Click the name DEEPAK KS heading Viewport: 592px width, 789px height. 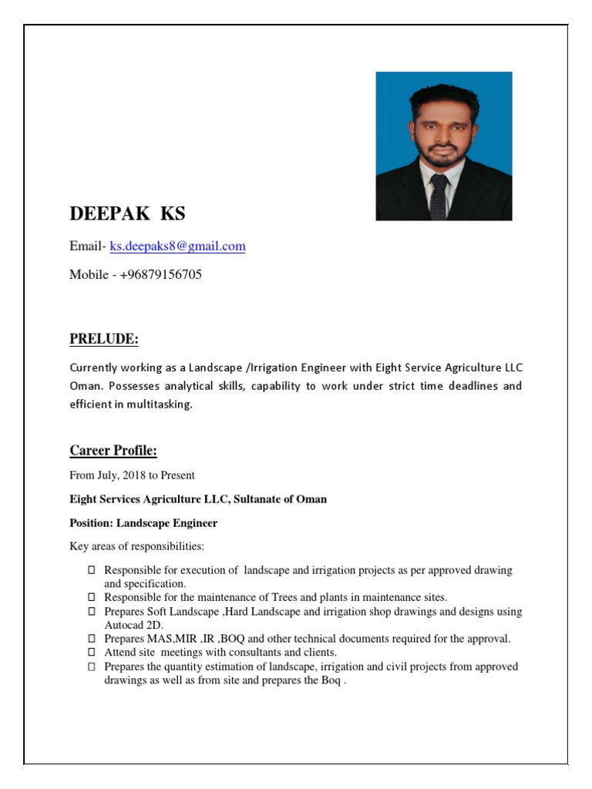point(127,213)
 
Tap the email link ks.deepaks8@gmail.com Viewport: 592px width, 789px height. point(177,247)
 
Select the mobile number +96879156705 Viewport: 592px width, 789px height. point(160,274)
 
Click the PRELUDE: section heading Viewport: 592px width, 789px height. point(104,339)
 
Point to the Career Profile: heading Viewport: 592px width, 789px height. point(113,450)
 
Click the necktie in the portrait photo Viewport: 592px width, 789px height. point(439,196)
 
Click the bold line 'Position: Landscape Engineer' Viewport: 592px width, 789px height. point(143,523)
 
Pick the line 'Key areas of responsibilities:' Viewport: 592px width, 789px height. point(136,547)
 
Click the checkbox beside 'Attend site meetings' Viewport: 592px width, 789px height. point(91,652)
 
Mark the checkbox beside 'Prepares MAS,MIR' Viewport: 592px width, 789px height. point(91,639)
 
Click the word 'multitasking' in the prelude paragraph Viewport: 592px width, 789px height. point(160,404)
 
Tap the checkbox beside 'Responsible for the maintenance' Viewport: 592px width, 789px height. point(91,597)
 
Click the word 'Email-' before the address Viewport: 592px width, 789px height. point(88,247)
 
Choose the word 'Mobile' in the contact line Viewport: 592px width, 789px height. point(89,274)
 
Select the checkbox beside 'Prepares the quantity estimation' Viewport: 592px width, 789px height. point(91,666)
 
